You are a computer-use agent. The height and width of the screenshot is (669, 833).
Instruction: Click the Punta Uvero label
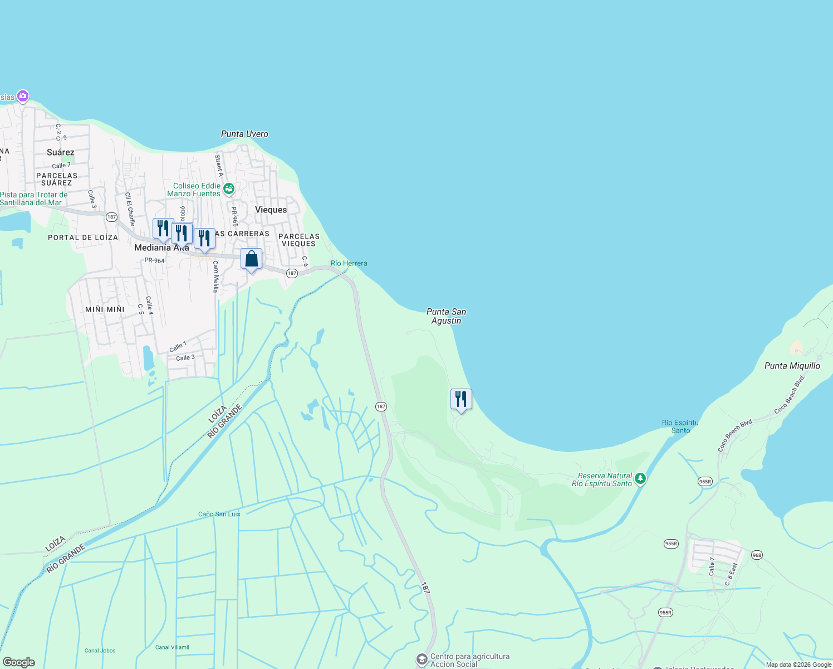[x=244, y=134]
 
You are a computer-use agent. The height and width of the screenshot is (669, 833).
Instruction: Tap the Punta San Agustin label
[x=446, y=316]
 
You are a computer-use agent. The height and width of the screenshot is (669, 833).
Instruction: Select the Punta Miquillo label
[x=792, y=366]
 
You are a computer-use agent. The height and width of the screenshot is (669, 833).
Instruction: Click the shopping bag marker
[x=251, y=259]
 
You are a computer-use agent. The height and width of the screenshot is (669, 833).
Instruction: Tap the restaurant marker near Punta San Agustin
[x=461, y=399]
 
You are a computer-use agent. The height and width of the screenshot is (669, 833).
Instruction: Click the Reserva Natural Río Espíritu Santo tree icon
[x=640, y=478]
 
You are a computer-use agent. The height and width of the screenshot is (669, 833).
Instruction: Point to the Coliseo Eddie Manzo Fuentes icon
[x=228, y=190]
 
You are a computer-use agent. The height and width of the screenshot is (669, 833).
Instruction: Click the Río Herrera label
[x=349, y=263]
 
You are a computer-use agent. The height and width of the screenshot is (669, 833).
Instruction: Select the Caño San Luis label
[x=219, y=514]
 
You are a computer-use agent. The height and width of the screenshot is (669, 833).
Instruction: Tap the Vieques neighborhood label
[x=271, y=210]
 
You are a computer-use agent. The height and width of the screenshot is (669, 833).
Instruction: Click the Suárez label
[x=61, y=152]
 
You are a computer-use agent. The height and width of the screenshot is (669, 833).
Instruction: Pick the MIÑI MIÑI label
[x=105, y=309]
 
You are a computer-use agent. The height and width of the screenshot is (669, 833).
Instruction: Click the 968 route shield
[x=756, y=555]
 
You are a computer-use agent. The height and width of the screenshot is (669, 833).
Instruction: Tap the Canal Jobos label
[x=100, y=651]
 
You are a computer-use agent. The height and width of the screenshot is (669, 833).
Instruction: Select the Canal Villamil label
[x=172, y=647]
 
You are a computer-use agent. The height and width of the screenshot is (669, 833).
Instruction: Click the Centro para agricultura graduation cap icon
[x=422, y=659]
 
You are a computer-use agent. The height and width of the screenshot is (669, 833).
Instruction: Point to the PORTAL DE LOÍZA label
[x=83, y=237]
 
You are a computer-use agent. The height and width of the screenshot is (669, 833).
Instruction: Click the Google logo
[x=19, y=662]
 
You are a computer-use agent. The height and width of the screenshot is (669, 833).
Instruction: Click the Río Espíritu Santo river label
[x=680, y=426]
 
